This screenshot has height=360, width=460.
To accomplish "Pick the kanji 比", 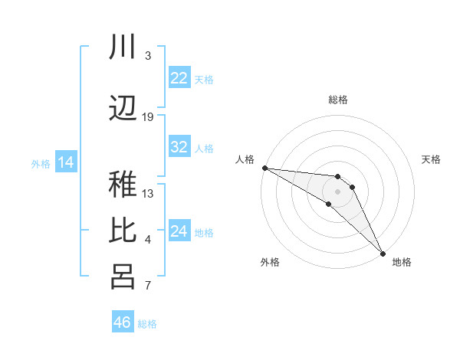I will tap(123, 231).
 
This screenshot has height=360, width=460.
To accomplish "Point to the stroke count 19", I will tap(148, 116).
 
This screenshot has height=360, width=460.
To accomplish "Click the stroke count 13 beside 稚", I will tap(148, 193).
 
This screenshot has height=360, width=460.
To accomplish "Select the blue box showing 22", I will tap(179, 78).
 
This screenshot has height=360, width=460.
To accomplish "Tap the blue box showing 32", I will tap(179, 148).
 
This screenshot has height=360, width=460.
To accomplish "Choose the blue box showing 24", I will tap(179, 231).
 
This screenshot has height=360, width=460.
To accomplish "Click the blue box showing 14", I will tap(66, 162).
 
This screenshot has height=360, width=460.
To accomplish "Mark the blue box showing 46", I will tap(123, 322).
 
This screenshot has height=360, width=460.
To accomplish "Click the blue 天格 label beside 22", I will tap(204, 79).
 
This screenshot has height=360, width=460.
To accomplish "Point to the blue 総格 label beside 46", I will tap(147, 324).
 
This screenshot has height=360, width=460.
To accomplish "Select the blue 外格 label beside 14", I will tap(41, 163).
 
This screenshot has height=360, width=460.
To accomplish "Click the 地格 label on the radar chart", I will tap(402, 263).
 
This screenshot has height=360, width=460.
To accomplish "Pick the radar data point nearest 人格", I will tap(264, 168).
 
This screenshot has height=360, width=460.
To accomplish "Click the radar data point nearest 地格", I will tap(383, 252).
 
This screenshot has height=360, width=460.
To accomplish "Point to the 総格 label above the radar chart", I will tap(337, 100).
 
